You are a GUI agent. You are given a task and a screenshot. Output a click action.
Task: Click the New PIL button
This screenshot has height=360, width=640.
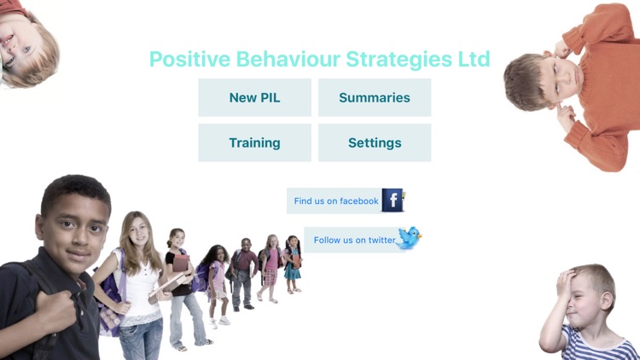coord(254,98)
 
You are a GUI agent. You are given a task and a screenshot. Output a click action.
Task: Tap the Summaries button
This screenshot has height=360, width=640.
coord(374,98)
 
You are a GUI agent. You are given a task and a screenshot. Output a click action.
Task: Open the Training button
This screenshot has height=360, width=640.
coord(254,143)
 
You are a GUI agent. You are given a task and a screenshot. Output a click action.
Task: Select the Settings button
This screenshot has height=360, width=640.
coord(374,143)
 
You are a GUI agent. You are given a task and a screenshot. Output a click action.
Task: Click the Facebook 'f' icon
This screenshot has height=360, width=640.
coord(393,200)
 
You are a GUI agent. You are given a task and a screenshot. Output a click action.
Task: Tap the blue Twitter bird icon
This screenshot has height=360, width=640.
coord(410,238)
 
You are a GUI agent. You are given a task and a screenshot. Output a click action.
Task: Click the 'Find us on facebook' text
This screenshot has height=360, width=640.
coord(335,201)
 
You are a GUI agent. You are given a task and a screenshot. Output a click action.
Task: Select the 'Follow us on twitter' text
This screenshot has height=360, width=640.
coord(354,241)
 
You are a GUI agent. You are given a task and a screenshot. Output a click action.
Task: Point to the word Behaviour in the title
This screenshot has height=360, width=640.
coord(275,59)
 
